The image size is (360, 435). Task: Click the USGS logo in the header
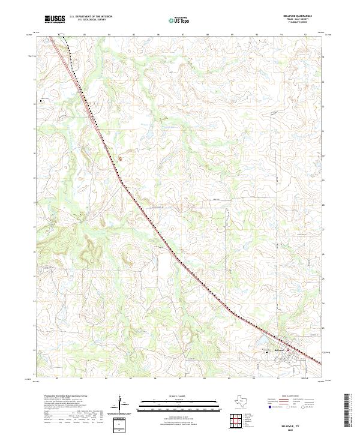55,19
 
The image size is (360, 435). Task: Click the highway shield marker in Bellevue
287,349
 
